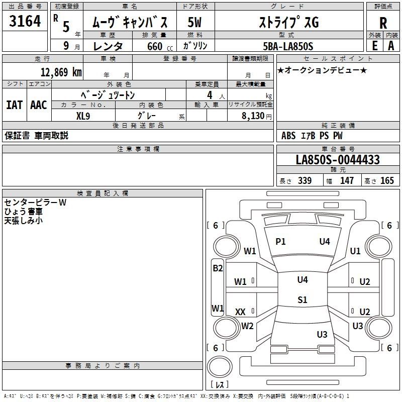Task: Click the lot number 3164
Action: (x=25, y=22)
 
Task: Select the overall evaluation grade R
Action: (x=383, y=23)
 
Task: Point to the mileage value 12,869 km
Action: (x=61, y=72)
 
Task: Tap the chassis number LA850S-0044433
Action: (x=338, y=160)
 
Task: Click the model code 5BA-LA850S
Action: (x=288, y=46)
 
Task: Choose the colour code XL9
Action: (x=83, y=115)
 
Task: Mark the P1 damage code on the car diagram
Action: (x=280, y=242)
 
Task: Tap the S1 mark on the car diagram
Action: (x=302, y=300)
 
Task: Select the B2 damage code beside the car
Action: (x=218, y=268)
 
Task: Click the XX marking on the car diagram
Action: (x=240, y=312)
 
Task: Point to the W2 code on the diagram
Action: (x=247, y=326)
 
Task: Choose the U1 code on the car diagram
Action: (x=355, y=251)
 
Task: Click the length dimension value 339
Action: (x=305, y=181)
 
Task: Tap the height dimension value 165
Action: (x=387, y=181)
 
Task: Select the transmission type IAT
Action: (x=14, y=105)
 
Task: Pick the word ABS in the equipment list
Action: (x=288, y=136)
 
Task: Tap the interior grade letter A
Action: (x=391, y=46)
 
